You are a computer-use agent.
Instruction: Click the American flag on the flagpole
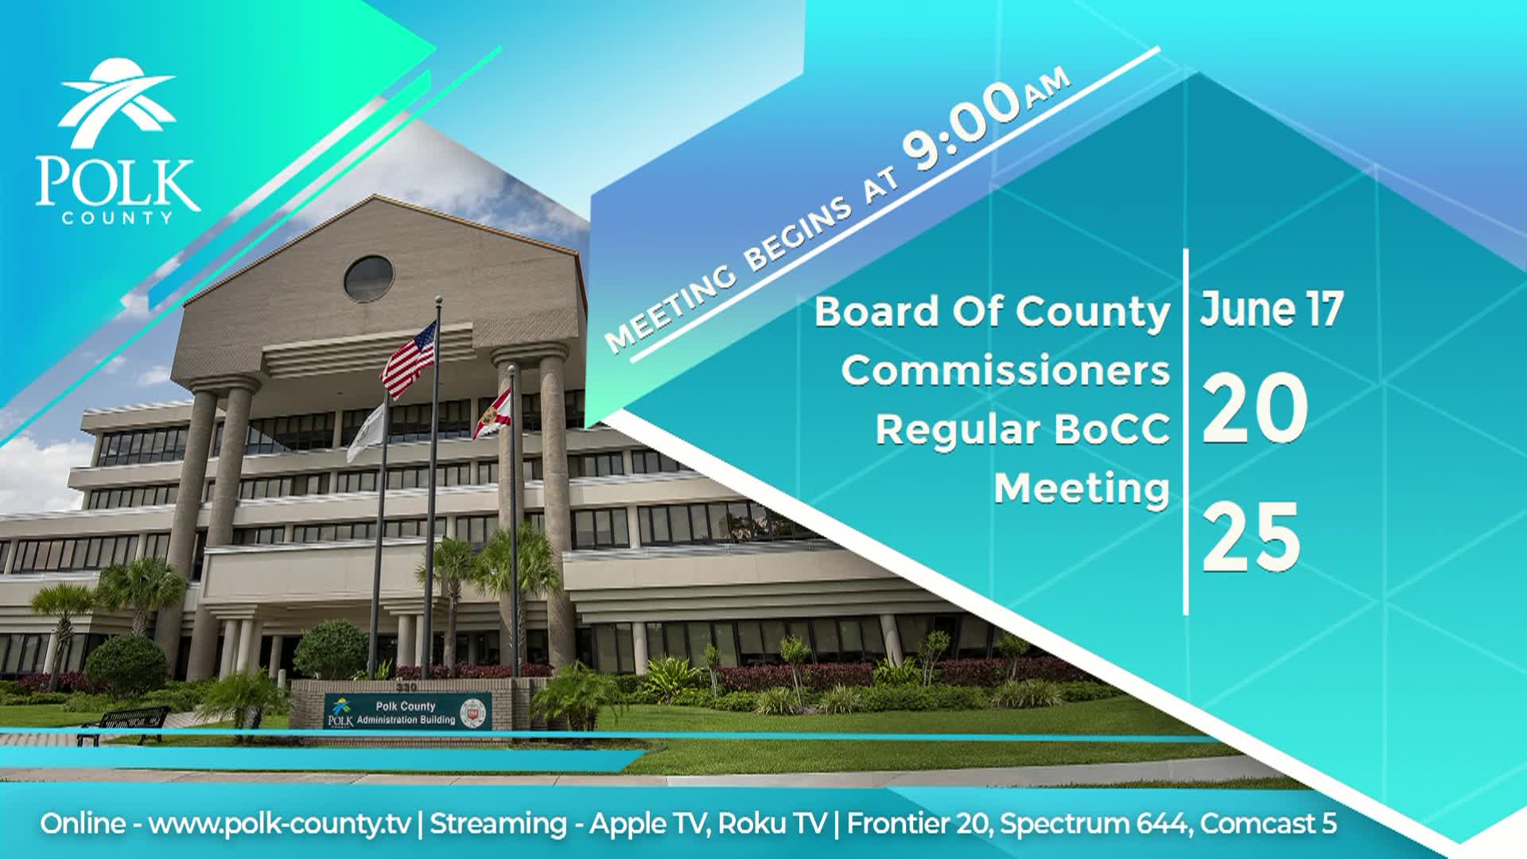coord(410,359)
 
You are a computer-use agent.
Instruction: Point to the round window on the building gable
coord(368,278)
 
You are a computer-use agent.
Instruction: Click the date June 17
coord(1271,309)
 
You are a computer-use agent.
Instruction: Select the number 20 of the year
coord(1254,410)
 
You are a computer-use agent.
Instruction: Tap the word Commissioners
coord(1005,371)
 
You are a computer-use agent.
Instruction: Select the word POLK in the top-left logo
coord(117,184)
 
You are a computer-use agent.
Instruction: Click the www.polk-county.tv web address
coord(279,823)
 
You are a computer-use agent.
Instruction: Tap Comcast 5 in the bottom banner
coord(1269,823)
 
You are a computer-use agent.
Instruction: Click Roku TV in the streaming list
coord(771,823)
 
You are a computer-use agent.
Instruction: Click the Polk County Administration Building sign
coord(407,711)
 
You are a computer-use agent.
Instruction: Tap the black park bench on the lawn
coord(124,724)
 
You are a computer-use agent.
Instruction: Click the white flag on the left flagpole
coord(367,433)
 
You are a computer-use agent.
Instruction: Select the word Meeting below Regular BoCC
coord(1082,488)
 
